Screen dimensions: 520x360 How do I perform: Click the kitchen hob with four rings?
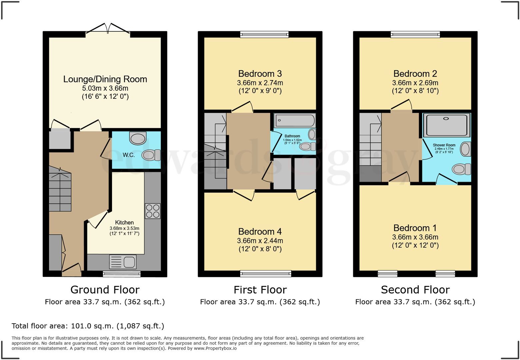pyautogui.click(x=153, y=211)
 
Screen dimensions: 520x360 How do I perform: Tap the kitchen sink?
pyautogui.click(x=123, y=262)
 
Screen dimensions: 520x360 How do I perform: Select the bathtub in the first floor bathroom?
pyautogui.click(x=294, y=120)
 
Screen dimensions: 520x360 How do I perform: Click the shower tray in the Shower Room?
pyautogui.click(x=446, y=125)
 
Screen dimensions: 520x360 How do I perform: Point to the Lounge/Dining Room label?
pyautogui.click(x=105, y=79)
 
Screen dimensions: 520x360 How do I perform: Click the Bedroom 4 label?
pyautogui.click(x=260, y=232)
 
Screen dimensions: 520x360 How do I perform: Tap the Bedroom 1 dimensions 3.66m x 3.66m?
pyautogui.click(x=415, y=237)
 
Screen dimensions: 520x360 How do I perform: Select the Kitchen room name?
pyautogui.click(x=124, y=223)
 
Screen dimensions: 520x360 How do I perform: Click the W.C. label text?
pyautogui.click(x=129, y=155)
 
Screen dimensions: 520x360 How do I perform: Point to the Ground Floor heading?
pyautogui.click(x=105, y=290)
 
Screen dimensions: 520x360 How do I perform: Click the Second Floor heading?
pyautogui.click(x=415, y=290)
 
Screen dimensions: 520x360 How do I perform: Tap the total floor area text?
pyautogui.click(x=88, y=326)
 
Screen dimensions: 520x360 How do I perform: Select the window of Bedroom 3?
pyautogui.click(x=264, y=34)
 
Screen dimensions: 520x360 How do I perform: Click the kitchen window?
pyautogui.click(x=122, y=274)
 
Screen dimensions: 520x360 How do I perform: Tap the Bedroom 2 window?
pyautogui.click(x=415, y=34)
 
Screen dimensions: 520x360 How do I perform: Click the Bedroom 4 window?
pyautogui.click(x=266, y=274)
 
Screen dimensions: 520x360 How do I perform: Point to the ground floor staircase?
pyautogui.click(x=60, y=189)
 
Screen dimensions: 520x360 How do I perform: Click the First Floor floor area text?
pyautogui.click(x=260, y=302)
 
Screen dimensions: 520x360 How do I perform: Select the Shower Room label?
pyautogui.click(x=444, y=145)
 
